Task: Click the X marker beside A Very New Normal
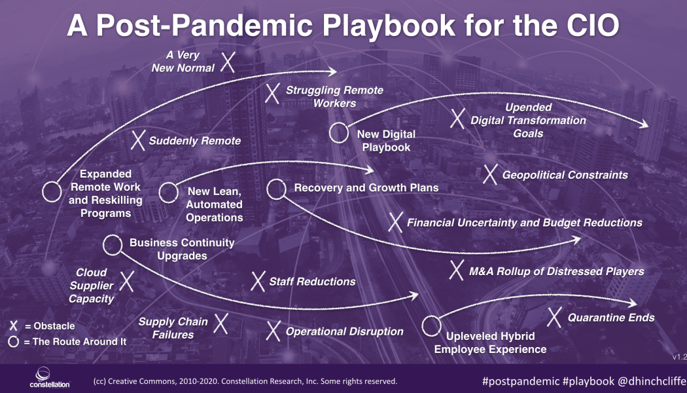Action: (227, 62)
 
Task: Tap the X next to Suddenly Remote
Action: (138, 140)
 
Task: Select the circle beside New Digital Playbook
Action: (338, 133)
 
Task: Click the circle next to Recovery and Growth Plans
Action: (276, 189)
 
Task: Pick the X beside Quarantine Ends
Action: (554, 318)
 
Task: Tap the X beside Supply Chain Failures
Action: (221, 322)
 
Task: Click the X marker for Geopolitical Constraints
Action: (490, 175)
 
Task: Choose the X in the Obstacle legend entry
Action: (14, 326)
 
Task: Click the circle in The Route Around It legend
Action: (14, 341)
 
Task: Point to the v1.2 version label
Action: (678, 357)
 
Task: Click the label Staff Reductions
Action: (312, 282)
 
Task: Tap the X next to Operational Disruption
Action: (274, 331)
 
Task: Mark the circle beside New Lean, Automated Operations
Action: (169, 192)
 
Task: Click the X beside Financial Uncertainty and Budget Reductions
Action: (395, 222)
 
